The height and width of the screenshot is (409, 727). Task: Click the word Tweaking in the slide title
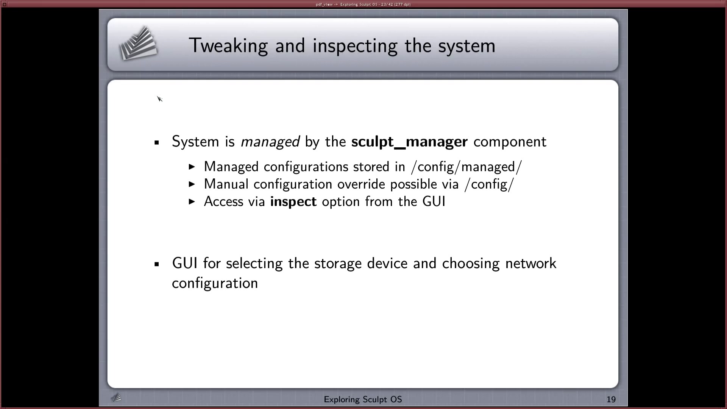228,46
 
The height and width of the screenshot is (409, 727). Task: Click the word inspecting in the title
355,46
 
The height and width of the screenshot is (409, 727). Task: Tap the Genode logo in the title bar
138,43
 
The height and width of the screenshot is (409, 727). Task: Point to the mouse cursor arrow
159,98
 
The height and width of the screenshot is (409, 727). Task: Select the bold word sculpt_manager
409,142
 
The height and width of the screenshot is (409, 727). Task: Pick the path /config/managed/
466,167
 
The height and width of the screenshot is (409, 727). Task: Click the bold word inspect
293,202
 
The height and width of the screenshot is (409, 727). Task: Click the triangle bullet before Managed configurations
192,167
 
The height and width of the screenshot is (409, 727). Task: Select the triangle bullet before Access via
192,201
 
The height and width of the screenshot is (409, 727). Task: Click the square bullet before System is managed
157,143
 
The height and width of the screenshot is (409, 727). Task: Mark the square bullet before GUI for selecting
157,264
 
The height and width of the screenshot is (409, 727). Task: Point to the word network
531,263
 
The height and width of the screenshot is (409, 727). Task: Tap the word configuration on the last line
215,284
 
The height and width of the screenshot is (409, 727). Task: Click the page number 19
611,400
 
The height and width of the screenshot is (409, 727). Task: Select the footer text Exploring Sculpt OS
363,400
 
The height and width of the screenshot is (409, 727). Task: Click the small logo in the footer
116,397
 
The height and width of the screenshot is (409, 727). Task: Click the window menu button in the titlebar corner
5,4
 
